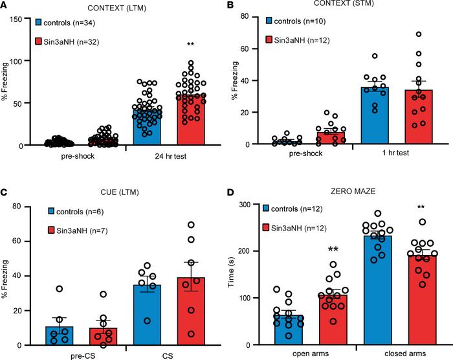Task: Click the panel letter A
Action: (6, 6)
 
